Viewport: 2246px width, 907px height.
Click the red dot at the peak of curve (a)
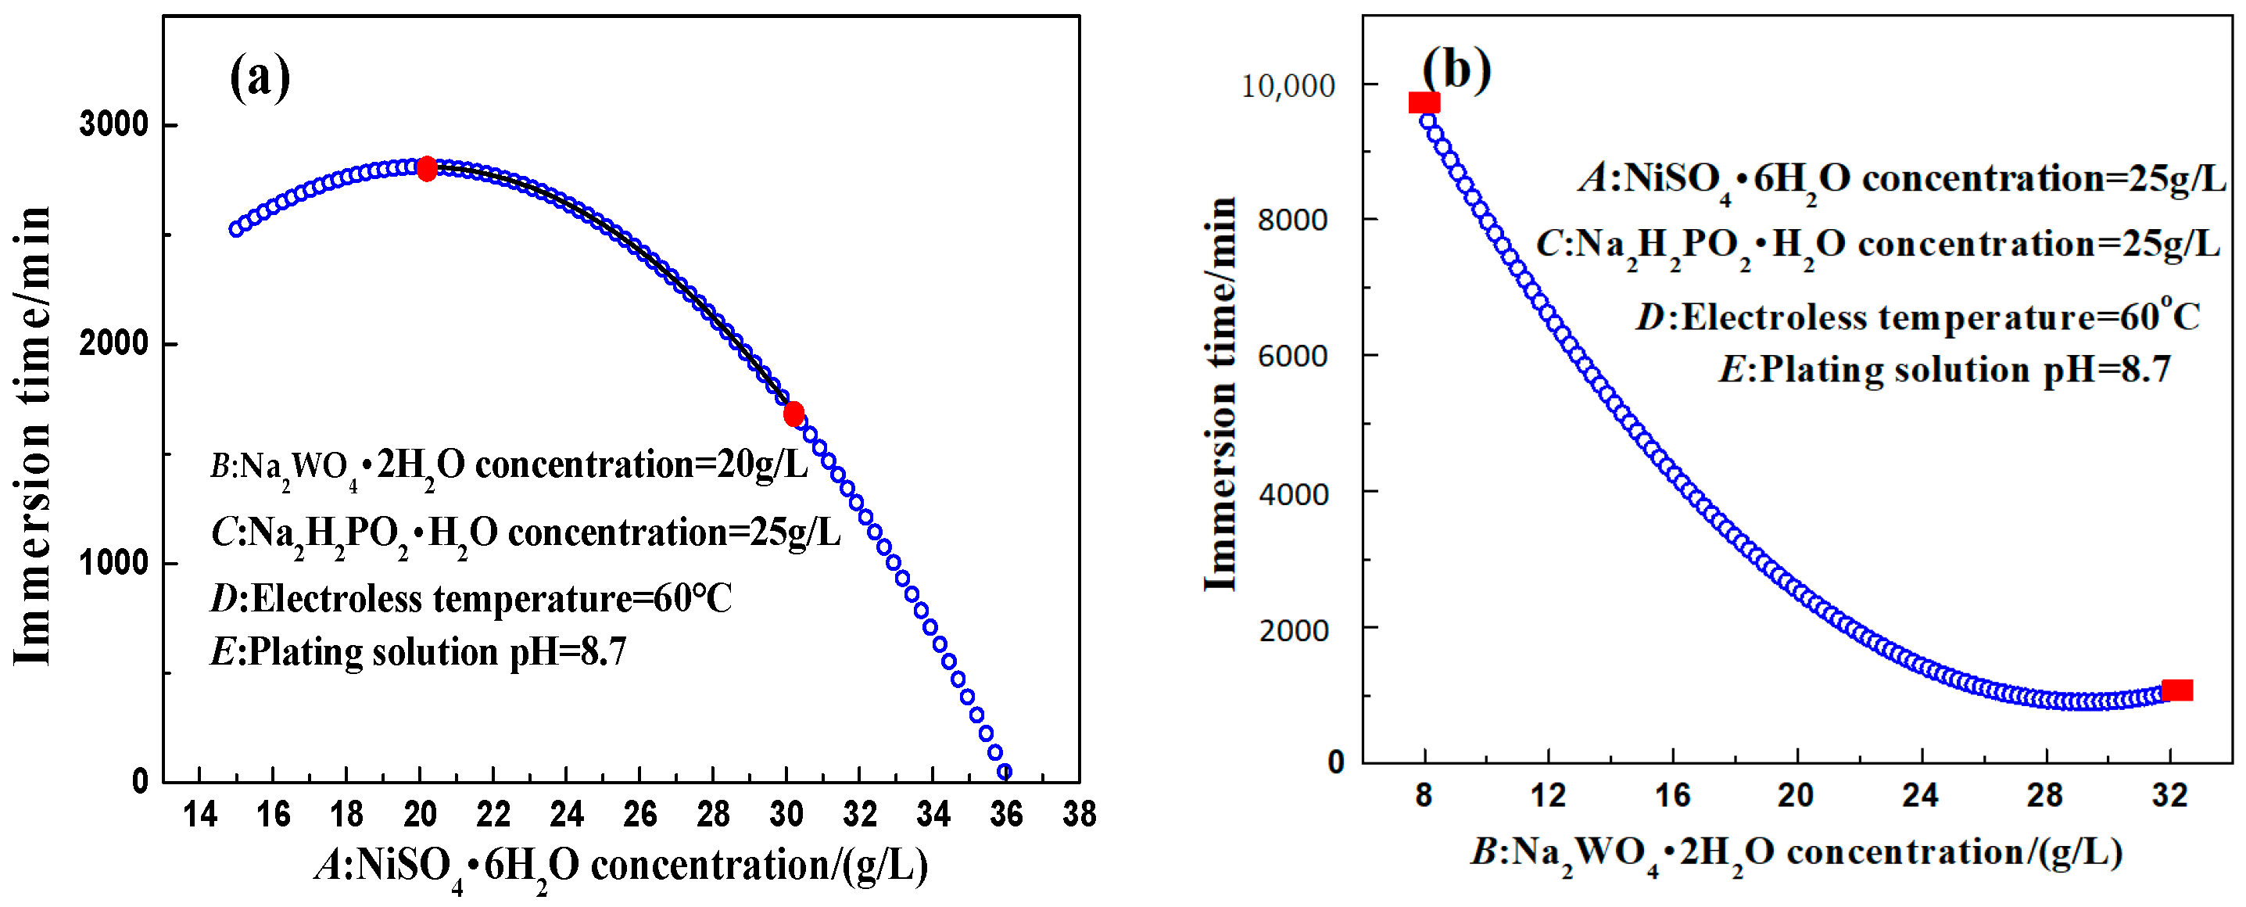click(x=426, y=169)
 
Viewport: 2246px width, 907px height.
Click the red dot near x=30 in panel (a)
click(x=793, y=414)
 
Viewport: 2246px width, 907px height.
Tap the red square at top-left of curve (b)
click(x=1424, y=103)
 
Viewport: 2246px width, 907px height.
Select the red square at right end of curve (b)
click(x=2177, y=690)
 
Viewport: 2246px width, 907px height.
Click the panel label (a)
click(x=260, y=77)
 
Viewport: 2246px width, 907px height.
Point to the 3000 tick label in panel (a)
click(x=114, y=125)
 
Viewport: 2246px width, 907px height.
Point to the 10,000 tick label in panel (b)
click(x=1288, y=85)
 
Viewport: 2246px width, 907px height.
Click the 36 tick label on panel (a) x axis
click(x=1006, y=815)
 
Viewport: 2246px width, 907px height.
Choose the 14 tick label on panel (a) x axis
click(x=199, y=815)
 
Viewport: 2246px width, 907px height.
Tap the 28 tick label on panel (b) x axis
click(x=2044, y=795)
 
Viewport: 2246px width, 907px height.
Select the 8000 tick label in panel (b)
click(x=1293, y=220)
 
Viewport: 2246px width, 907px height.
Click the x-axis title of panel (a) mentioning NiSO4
click(x=622, y=866)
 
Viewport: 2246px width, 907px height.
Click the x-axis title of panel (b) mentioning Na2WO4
click(x=1796, y=852)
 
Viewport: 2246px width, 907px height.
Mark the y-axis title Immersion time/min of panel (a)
click(x=32, y=436)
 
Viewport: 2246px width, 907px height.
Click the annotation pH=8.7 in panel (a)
click(x=418, y=651)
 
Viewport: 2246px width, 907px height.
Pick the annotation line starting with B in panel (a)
click(x=509, y=466)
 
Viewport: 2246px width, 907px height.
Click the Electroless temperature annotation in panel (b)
click(x=1918, y=317)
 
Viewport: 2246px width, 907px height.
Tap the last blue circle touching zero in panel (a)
click(x=1005, y=772)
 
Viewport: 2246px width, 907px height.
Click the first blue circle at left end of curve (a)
click(x=236, y=229)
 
